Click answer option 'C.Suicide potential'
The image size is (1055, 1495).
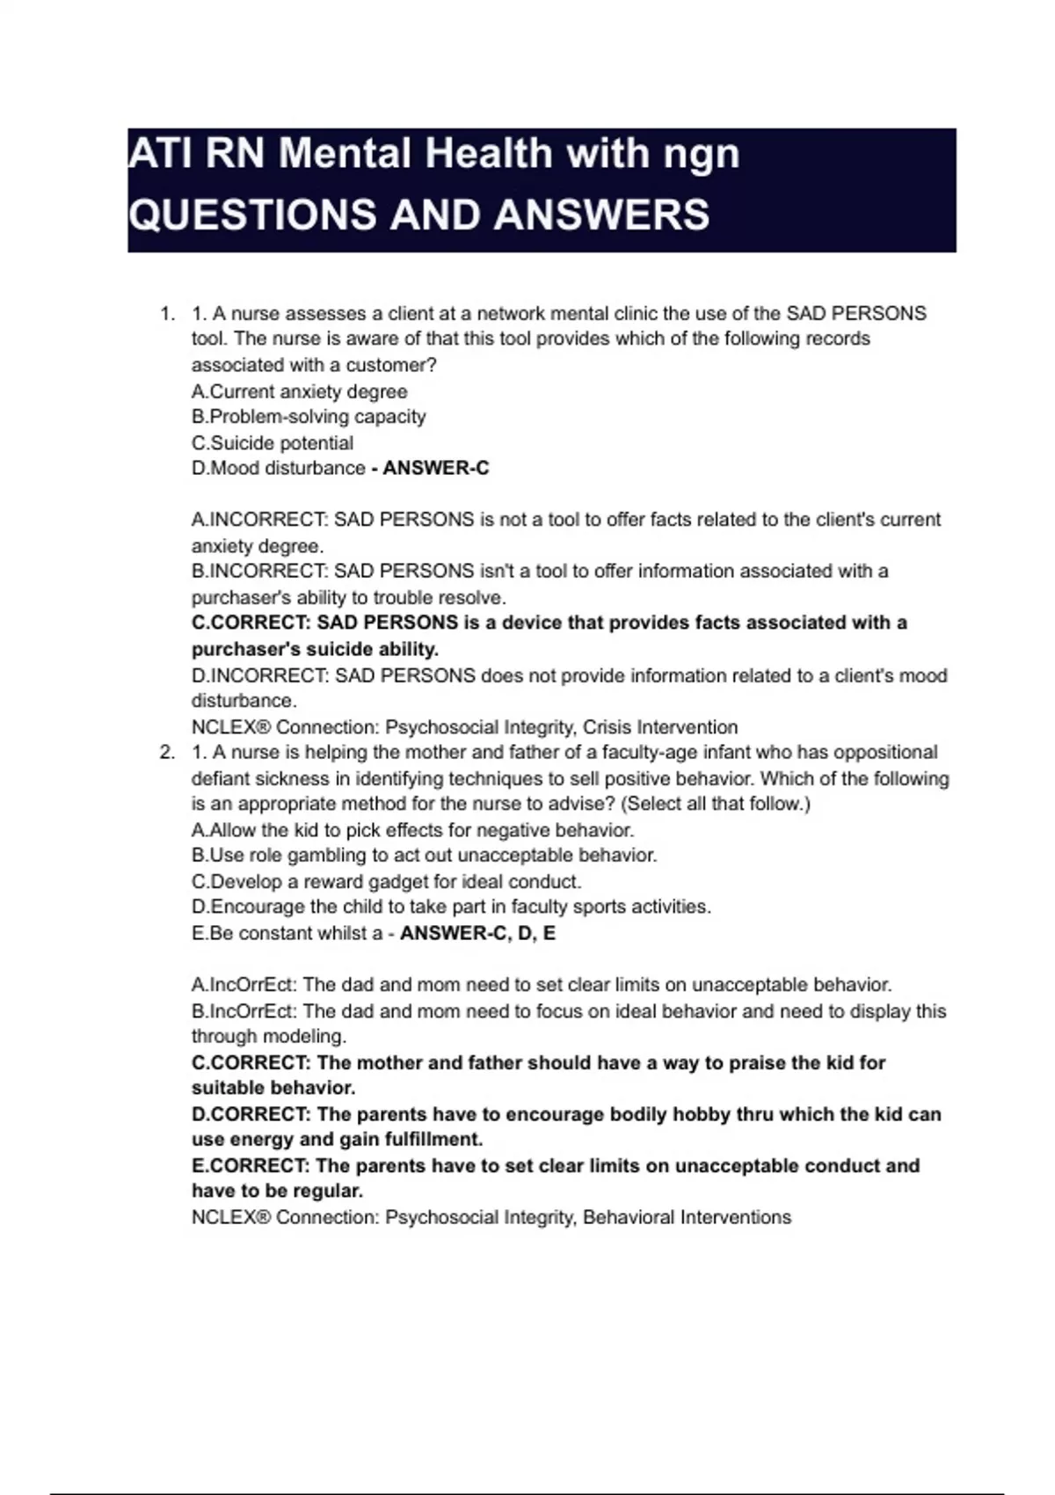click(273, 443)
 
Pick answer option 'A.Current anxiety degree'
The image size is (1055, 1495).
click(299, 392)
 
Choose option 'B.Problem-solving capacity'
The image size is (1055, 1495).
click(309, 417)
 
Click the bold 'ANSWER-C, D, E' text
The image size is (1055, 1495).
click(477, 934)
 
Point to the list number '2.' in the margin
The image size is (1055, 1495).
click(167, 753)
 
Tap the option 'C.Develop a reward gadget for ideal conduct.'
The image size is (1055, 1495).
click(386, 882)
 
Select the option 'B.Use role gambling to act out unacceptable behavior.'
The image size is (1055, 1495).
click(424, 856)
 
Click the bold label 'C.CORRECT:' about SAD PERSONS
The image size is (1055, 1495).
click(251, 624)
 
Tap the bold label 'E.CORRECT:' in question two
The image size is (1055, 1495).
click(251, 1166)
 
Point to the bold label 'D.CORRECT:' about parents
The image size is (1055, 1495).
click(251, 1115)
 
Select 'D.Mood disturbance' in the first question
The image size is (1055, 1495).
click(278, 469)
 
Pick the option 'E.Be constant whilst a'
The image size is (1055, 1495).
click(287, 934)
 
